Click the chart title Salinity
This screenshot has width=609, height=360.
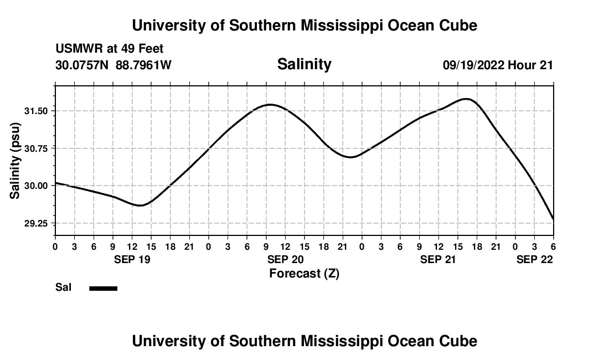[x=304, y=64]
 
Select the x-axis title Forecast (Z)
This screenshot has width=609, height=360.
[x=304, y=273]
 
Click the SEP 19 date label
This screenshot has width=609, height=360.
[x=132, y=259]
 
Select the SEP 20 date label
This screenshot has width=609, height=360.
[x=285, y=259]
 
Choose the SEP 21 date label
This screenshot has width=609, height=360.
[x=438, y=259]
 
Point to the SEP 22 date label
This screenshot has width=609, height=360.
[x=535, y=259]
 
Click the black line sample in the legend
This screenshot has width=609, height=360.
[x=104, y=288]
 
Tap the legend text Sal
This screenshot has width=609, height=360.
[x=63, y=287]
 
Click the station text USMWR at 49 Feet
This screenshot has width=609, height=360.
[x=109, y=49]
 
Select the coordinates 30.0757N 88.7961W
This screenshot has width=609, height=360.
[x=113, y=65]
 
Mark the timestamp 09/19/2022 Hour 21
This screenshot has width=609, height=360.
[x=498, y=65]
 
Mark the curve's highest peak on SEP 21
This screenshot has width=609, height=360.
[x=467, y=99]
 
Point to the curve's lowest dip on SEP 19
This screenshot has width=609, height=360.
[x=141, y=205]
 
